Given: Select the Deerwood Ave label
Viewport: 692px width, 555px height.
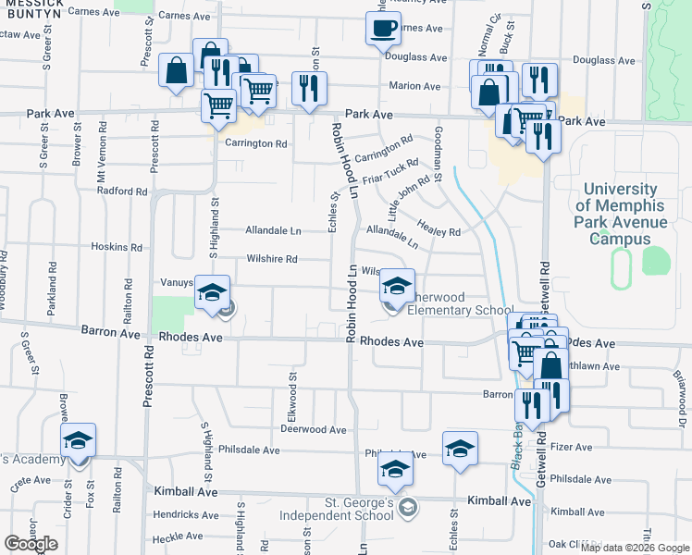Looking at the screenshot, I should click(x=313, y=430).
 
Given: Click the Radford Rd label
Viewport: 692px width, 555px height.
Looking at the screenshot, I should click(x=122, y=191).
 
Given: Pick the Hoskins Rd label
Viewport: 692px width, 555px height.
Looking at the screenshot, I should click(x=117, y=248).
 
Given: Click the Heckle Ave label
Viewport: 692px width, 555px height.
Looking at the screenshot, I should click(x=178, y=537).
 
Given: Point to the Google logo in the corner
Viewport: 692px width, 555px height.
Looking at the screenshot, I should click(x=31, y=543).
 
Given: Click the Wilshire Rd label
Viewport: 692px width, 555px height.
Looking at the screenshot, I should click(x=271, y=260).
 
